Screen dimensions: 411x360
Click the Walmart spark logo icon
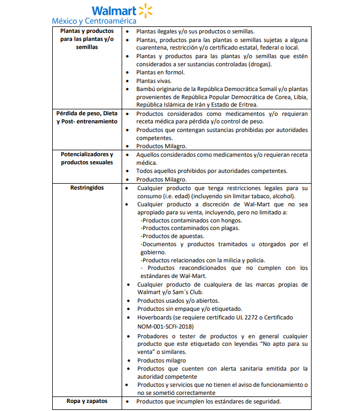[146, 10]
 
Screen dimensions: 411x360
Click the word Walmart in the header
[114, 11]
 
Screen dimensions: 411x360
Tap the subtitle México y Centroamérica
[94, 21]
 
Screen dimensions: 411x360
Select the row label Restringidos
[87, 187]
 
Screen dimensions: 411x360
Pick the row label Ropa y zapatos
[87, 401]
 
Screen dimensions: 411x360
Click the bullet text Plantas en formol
[160, 72]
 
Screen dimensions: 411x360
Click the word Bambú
[147, 89]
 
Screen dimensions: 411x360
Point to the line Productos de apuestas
[172, 236]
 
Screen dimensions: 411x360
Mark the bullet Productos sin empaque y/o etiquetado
[189, 309]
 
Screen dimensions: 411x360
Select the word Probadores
[156, 336]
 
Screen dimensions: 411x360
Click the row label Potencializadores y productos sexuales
[87, 158]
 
